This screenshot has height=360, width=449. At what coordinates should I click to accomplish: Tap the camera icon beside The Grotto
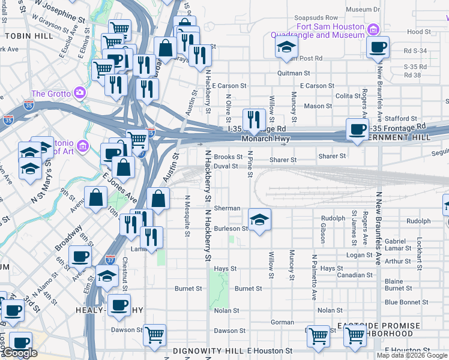pos(79,92)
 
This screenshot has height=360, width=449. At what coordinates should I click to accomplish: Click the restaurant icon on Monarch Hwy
pos(254,120)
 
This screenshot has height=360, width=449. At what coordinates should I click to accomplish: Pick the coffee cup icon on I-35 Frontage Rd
pos(358,130)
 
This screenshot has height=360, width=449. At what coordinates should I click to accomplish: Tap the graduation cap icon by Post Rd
pos(286,47)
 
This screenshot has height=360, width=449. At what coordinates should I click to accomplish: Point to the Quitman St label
pos(293,73)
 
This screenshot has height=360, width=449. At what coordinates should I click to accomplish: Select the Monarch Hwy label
pos(266,139)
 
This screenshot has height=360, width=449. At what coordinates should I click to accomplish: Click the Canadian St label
pos(354,275)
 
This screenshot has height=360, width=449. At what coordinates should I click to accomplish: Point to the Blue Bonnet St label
pos(406,302)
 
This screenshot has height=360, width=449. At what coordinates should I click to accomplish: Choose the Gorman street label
pos(282,322)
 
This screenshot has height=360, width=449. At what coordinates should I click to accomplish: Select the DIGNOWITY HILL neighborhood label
pos(208,350)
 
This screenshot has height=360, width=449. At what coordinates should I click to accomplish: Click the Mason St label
pos(318,106)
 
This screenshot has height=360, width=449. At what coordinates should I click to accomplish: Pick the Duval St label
pos(226,166)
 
